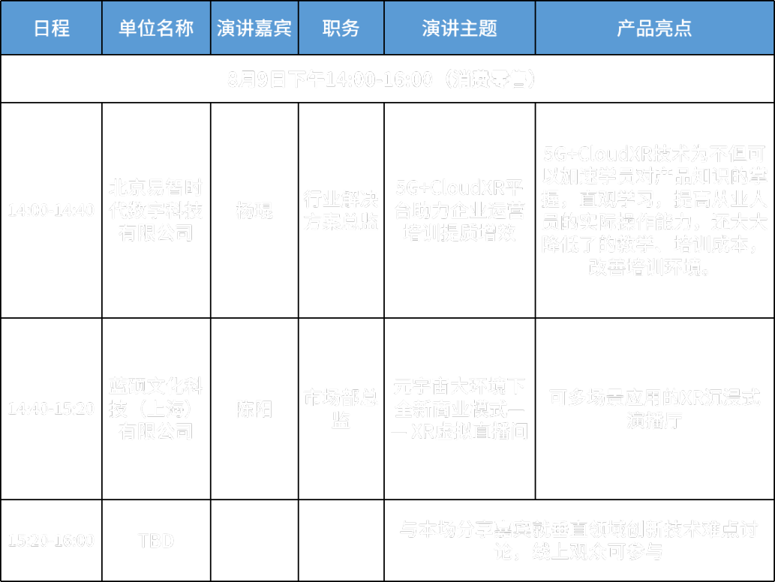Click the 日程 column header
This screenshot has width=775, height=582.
point(51,28)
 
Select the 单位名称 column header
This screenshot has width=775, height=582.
point(156,28)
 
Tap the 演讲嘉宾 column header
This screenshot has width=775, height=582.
point(254,28)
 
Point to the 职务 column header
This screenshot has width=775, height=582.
point(341,28)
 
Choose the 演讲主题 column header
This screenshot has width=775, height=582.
point(459,28)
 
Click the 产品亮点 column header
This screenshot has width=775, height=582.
point(653,28)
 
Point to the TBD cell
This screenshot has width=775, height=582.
point(156,540)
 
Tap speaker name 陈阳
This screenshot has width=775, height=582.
point(254,409)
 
